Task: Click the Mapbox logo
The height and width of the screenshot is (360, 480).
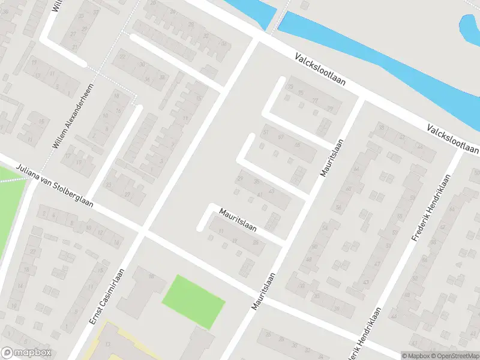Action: tap(26, 353)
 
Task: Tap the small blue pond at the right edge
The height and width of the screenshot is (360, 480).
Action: tap(469, 30)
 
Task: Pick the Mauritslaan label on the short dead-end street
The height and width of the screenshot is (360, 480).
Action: tap(238, 220)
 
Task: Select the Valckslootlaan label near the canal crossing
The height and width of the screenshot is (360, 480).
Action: tap(320, 69)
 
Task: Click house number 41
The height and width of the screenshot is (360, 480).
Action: tap(260, 196)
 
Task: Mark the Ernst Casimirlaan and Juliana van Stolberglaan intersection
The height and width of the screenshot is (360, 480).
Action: tap(143, 230)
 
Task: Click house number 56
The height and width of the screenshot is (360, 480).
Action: tap(340, 208)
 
